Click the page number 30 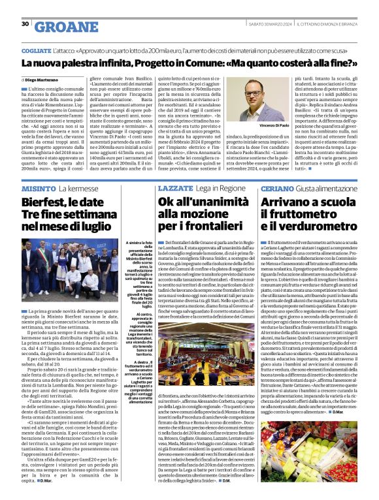coord(25,24)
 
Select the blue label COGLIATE coord(36,50)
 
